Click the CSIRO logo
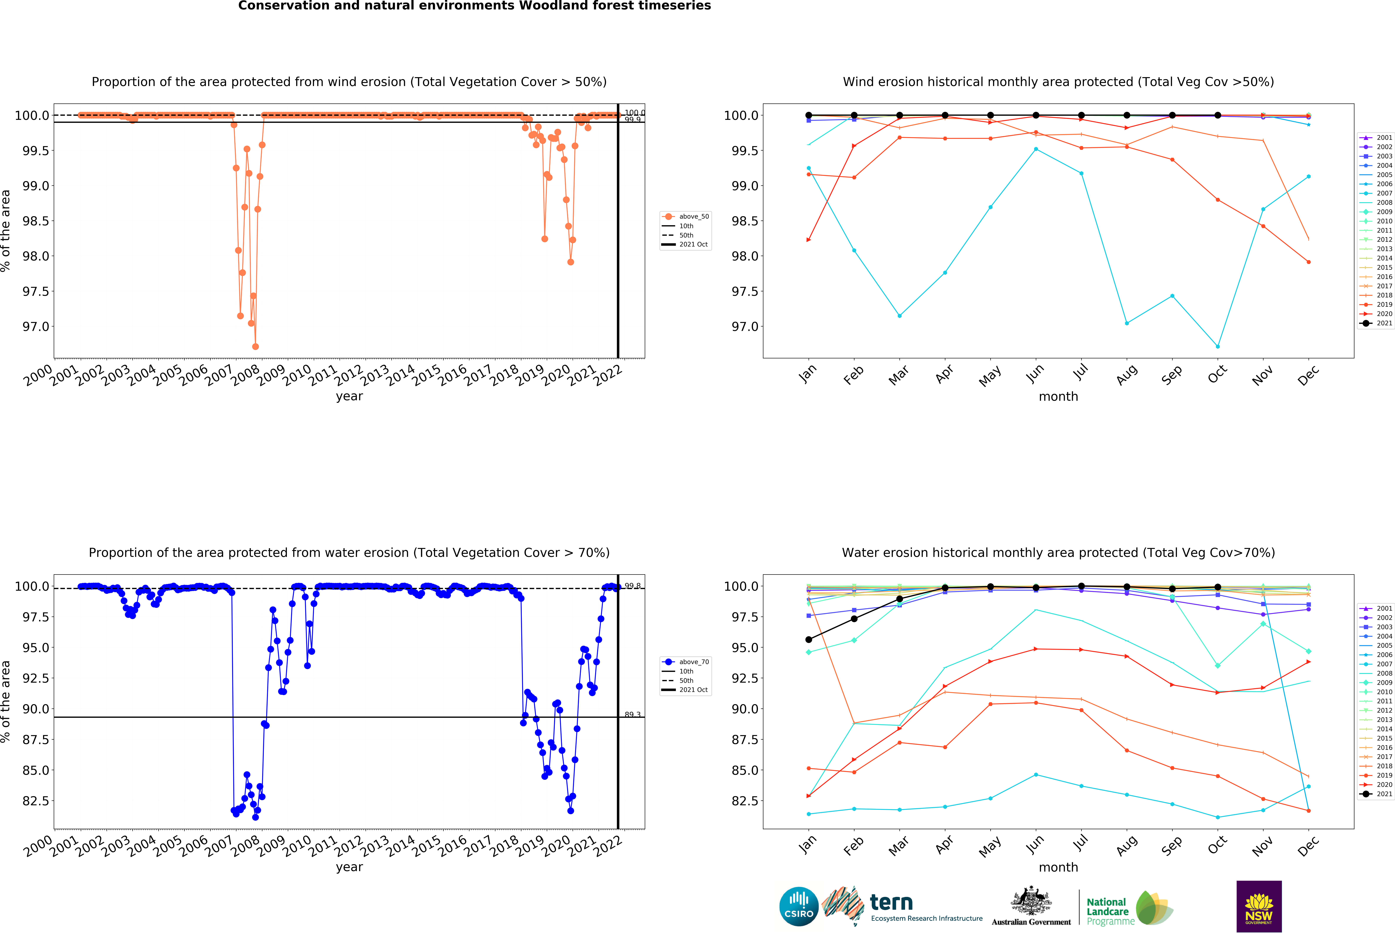[x=798, y=906]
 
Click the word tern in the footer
[x=891, y=902]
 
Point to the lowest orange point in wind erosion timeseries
[x=256, y=346]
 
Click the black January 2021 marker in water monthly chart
[x=809, y=639]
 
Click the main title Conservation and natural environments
[x=474, y=6]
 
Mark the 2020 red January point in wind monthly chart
[x=809, y=240]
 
